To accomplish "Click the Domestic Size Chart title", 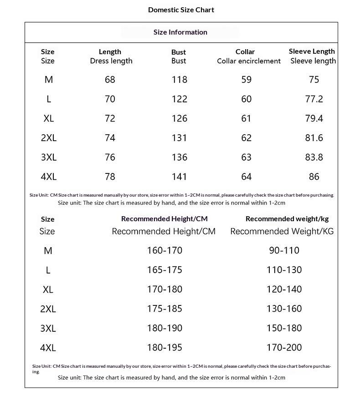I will click(x=181, y=10).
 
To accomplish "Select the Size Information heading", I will click(x=180, y=32).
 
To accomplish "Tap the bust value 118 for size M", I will click(x=180, y=80).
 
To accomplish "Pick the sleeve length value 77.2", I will click(x=314, y=99).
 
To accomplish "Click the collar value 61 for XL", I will click(x=246, y=118).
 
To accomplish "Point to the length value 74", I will click(x=110, y=138).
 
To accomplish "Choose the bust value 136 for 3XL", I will click(x=180, y=157).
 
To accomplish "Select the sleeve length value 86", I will click(x=314, y=177).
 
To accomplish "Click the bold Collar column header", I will click(x=245, y=51).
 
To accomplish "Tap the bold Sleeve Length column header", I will click(x=312, y=51).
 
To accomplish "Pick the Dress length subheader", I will click(x=111, y=61).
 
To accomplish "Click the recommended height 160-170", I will click(x=165, y=250).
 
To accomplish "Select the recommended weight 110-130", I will click(x=284, y=270).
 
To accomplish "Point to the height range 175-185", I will click(x=165, y=309).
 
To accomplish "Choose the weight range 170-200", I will click(x=284, y=348).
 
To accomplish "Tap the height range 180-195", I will click(x=165, y=348).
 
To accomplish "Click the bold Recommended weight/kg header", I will click(x=287, y=219).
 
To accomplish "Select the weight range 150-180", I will click(x=284, y=328).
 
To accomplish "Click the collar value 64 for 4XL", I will click(x=246, y=177).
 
